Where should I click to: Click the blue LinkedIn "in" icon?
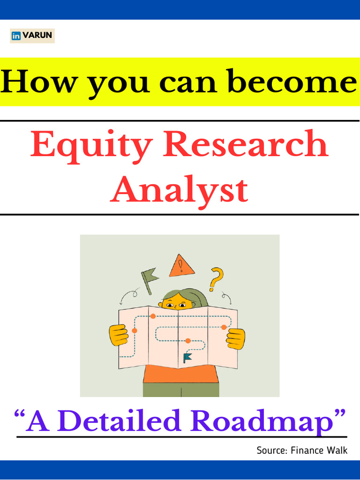point(16,36)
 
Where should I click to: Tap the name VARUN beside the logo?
point(37,36)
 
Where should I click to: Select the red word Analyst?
point(179,190)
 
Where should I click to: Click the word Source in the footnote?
point(271,450)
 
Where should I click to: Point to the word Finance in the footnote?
point(307,450)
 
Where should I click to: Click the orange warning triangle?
point(181,267)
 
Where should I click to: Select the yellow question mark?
point(217,278)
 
